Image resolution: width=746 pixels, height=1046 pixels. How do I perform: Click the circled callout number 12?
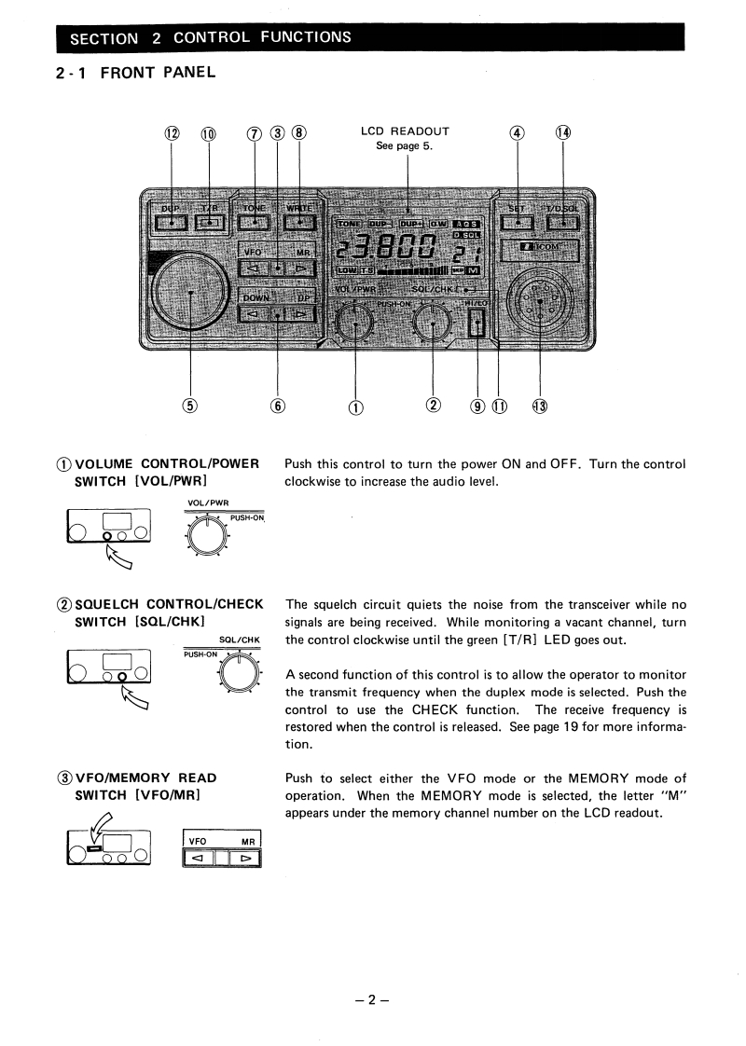173,133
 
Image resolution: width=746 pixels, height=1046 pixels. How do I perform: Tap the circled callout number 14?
563,133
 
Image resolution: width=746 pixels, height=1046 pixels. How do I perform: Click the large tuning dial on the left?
191,292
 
